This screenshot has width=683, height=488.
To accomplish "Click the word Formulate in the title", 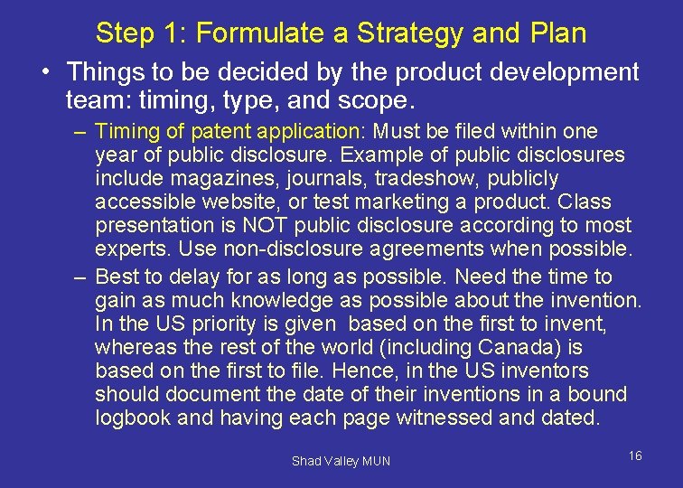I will pyautogui.click(x=247, y=33).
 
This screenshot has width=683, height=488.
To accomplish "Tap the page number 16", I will pyautogui.click(x=635, y=455).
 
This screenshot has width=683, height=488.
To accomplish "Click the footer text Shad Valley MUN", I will pyautogui.click(x=341, y=461).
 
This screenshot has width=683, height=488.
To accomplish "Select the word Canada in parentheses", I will pyautogui.click(x=519, y=347).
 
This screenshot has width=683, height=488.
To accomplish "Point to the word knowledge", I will pyautogui.click(x=282, y=300).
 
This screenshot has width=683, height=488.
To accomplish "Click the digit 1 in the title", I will pyautogui.click(x=172, y=33).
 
